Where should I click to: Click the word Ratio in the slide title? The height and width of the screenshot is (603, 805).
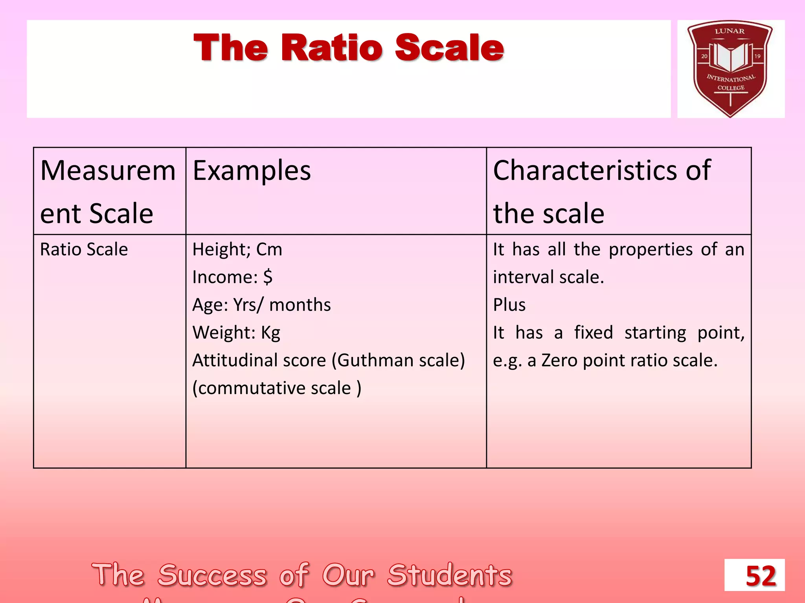pos(331,48)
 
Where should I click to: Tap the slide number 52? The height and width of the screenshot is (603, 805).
pos(761,576)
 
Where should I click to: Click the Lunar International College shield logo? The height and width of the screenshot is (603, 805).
pos(730,69)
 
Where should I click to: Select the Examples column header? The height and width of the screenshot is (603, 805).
pos(252,171)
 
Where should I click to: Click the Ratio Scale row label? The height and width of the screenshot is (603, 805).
pos(84,249)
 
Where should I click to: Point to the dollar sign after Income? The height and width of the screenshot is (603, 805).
pos(268,277)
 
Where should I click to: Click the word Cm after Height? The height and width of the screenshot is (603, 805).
pos(269,249)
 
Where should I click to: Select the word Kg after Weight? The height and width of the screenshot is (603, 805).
pos(270,333)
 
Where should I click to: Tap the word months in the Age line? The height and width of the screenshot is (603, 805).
pos(300,305)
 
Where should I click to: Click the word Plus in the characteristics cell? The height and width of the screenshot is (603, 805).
pos(509,305)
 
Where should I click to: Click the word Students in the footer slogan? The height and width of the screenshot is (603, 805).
pos(450,575)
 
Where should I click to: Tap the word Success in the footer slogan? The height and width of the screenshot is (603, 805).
pos(212,575)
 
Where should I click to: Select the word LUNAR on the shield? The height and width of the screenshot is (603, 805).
pos(730,31)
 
